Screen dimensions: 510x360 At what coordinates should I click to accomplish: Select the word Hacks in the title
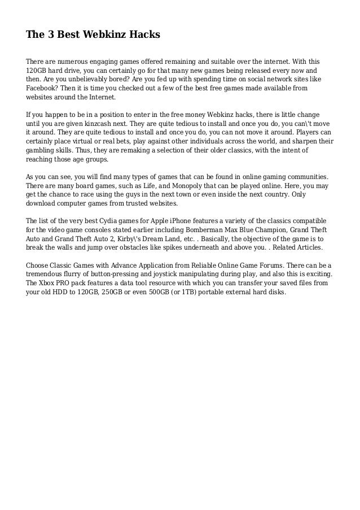[144, 35]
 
